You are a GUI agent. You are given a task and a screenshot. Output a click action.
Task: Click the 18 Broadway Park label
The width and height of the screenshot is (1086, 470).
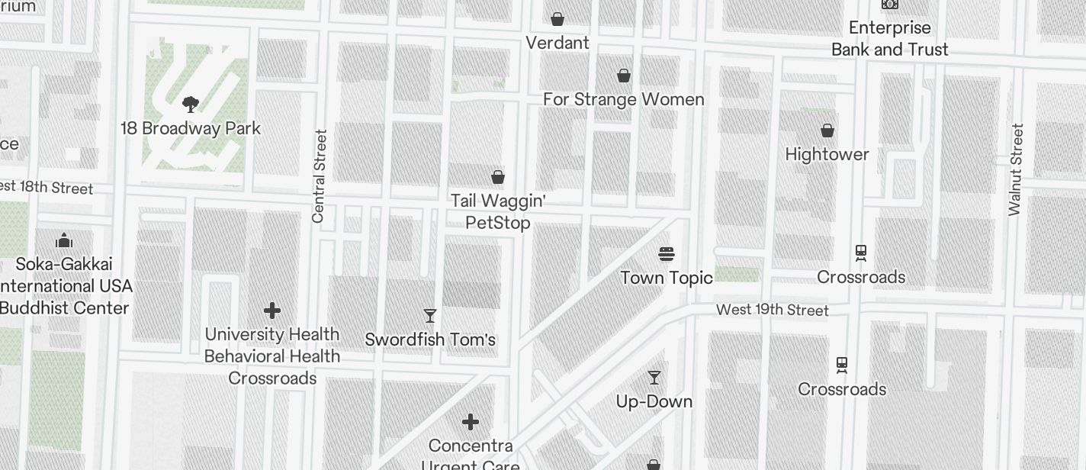[191, 128]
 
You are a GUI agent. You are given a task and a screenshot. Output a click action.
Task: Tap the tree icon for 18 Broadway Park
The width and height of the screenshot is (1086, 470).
[191, 105]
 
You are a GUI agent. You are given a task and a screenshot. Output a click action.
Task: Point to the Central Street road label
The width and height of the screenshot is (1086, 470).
[320, 176]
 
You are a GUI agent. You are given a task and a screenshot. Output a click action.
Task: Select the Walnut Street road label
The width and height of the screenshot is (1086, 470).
[1015, 170]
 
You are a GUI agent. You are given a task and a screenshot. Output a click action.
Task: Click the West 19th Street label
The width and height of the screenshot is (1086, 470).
[772, 310]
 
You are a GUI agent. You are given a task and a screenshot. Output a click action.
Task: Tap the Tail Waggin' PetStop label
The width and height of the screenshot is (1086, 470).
[498, 211]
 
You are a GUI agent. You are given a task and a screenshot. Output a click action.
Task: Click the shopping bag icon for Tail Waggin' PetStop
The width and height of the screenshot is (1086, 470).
[498, 177]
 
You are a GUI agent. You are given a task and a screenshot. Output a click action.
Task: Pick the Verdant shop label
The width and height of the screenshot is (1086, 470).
[557, 43]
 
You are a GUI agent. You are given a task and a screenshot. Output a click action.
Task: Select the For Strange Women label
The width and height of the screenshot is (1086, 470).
[623, 99]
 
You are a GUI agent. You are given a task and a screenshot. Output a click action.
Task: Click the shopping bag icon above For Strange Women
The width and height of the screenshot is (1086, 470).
[624, 76]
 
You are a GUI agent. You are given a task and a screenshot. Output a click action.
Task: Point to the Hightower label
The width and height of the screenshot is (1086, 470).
[827, 154]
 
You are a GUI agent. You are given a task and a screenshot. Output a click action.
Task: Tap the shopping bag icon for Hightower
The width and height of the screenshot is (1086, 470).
[827, 130]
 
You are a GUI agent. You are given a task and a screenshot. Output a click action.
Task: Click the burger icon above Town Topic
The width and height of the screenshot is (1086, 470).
[667, 253]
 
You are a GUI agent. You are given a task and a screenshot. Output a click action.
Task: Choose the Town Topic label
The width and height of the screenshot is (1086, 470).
[667, 277]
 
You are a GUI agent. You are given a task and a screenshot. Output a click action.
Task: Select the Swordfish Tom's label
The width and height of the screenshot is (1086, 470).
[430, 340]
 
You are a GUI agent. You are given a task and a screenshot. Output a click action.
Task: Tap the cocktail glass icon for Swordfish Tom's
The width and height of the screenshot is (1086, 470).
[430, 315]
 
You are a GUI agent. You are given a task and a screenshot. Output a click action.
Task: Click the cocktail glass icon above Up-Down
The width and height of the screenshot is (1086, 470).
[654, 377]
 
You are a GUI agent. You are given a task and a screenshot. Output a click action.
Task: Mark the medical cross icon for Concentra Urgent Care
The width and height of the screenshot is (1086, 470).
[471, 421]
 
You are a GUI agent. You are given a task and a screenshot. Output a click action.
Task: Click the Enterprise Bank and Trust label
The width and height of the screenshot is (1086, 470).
[889, 38]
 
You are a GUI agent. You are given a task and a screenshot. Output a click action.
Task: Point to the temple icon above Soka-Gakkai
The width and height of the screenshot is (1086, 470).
[64, 241]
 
